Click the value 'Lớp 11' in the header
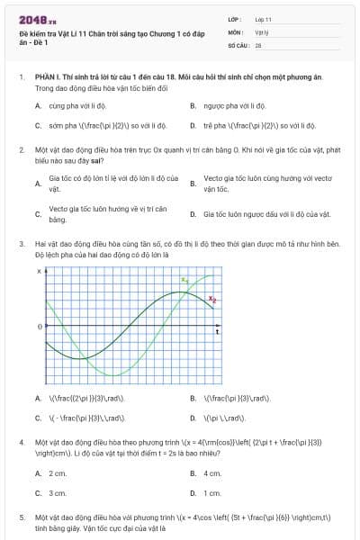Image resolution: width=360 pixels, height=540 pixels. tap(264, 19)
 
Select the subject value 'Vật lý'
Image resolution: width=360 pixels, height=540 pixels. tap(262, 31)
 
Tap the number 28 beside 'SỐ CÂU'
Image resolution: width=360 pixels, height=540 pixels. tap(258, 44)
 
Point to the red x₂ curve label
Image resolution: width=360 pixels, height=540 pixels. tap(212, 299)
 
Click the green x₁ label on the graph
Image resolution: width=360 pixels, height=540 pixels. tap(184, 280)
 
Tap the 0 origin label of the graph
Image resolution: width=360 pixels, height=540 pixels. tap(39, 327)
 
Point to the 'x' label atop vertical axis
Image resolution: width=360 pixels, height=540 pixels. tap(39, 271)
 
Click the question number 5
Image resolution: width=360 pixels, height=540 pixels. tap(22, 518)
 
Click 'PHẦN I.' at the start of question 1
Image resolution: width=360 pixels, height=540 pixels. tap(48, 78)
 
